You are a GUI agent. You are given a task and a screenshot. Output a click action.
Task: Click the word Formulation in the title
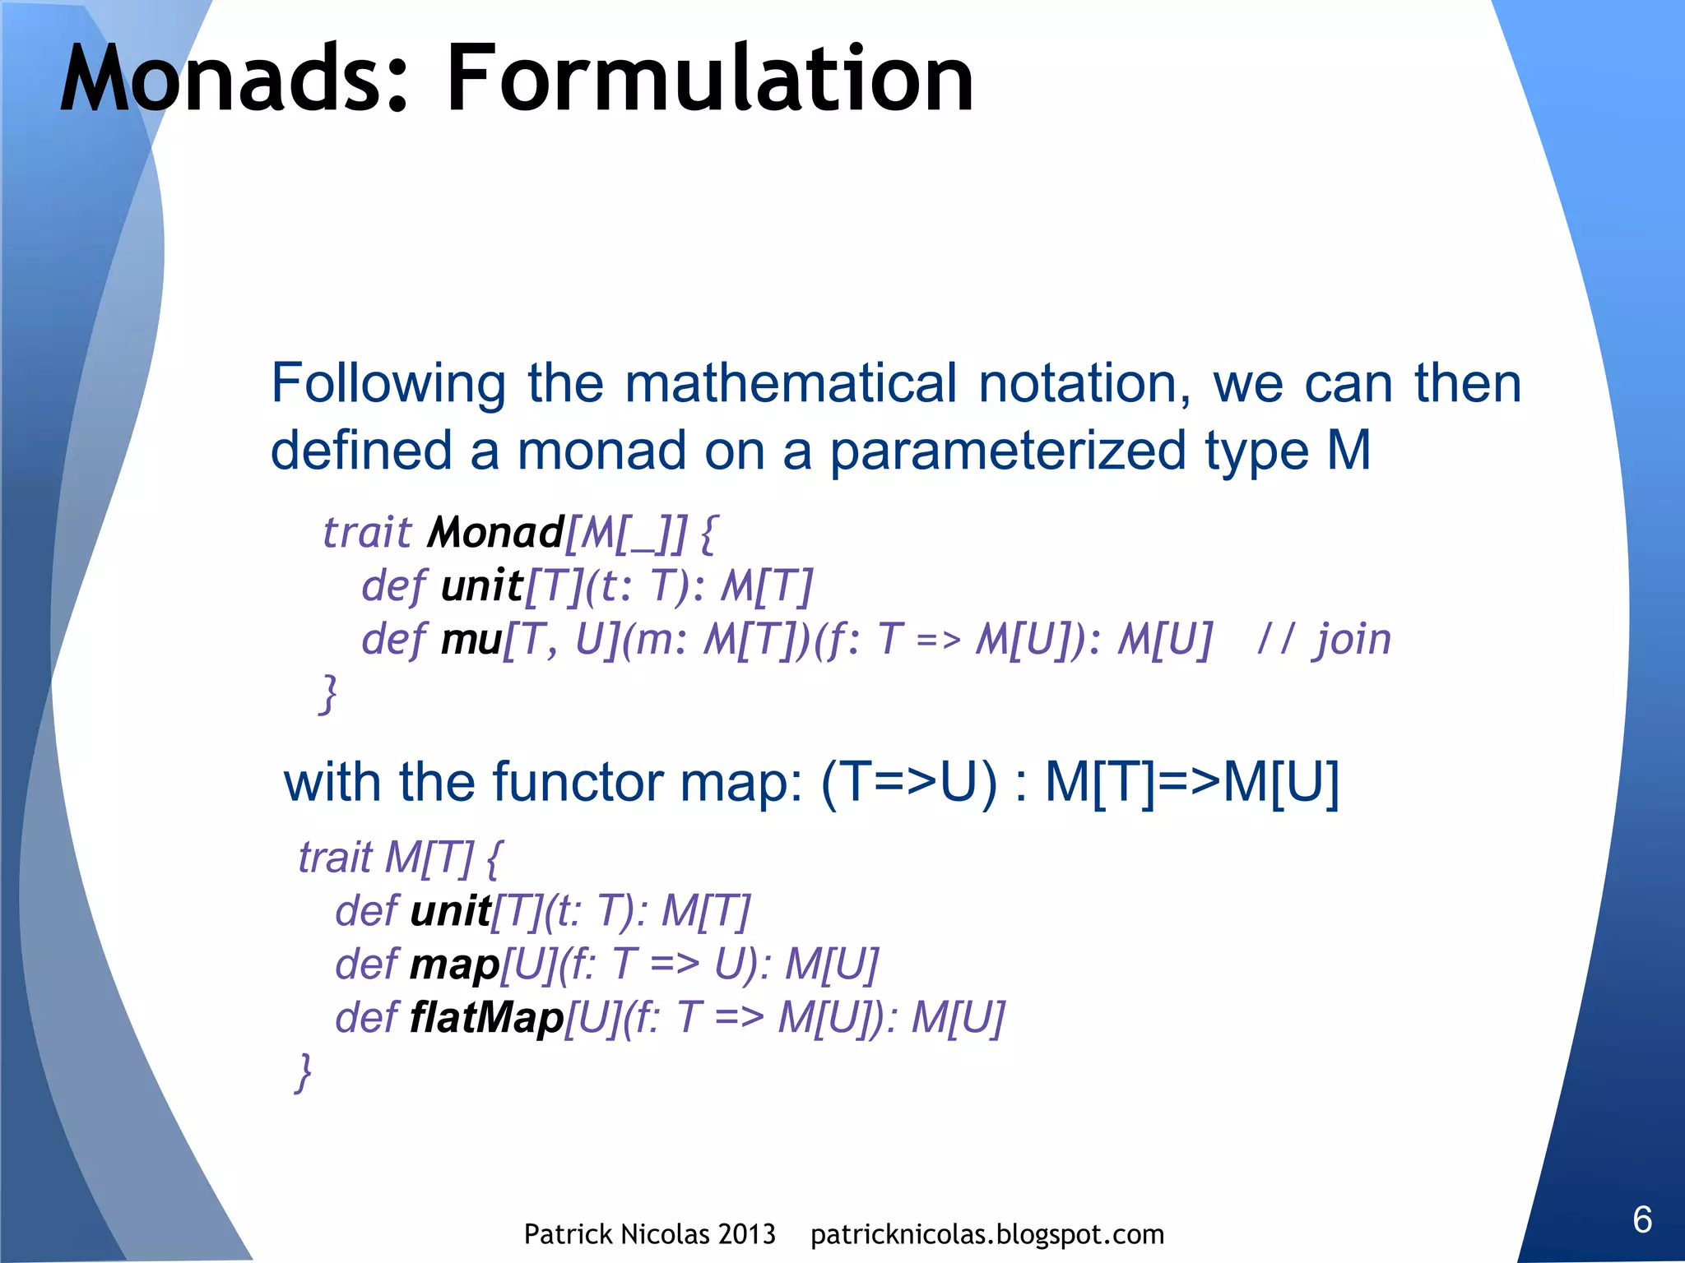pyautogui.click(x=709, y=80)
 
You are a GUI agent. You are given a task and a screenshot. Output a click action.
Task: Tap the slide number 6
pyautogui.click(x=1642, y=1219)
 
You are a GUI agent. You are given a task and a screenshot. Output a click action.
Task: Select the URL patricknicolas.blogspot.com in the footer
pyautogui.click(x=986, y=1234)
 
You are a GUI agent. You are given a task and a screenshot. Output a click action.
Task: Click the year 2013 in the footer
pyautogui.click(x=745, y=1234)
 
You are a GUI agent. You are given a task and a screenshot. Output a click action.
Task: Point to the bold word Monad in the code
pyautogui.click(x=495, y=533)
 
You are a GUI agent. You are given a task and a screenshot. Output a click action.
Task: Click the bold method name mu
pyautogui.click(x=471, y=640)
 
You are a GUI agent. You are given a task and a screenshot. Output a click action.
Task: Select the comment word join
pyautogui.click(x=1353, y=640)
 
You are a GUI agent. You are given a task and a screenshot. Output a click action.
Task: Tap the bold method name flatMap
pyautogui.click(x=486, y=1018)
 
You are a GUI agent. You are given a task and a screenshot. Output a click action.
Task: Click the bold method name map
pyautogui.click(x=455, y=965)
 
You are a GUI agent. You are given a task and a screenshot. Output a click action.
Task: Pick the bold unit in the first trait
pyautogui.click(x=481, y=586)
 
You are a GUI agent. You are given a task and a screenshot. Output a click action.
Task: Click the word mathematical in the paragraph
pyautogui.click(x=790, y=383)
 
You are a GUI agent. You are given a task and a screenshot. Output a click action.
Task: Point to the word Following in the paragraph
pyautogui.click(x=388, y=385)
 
